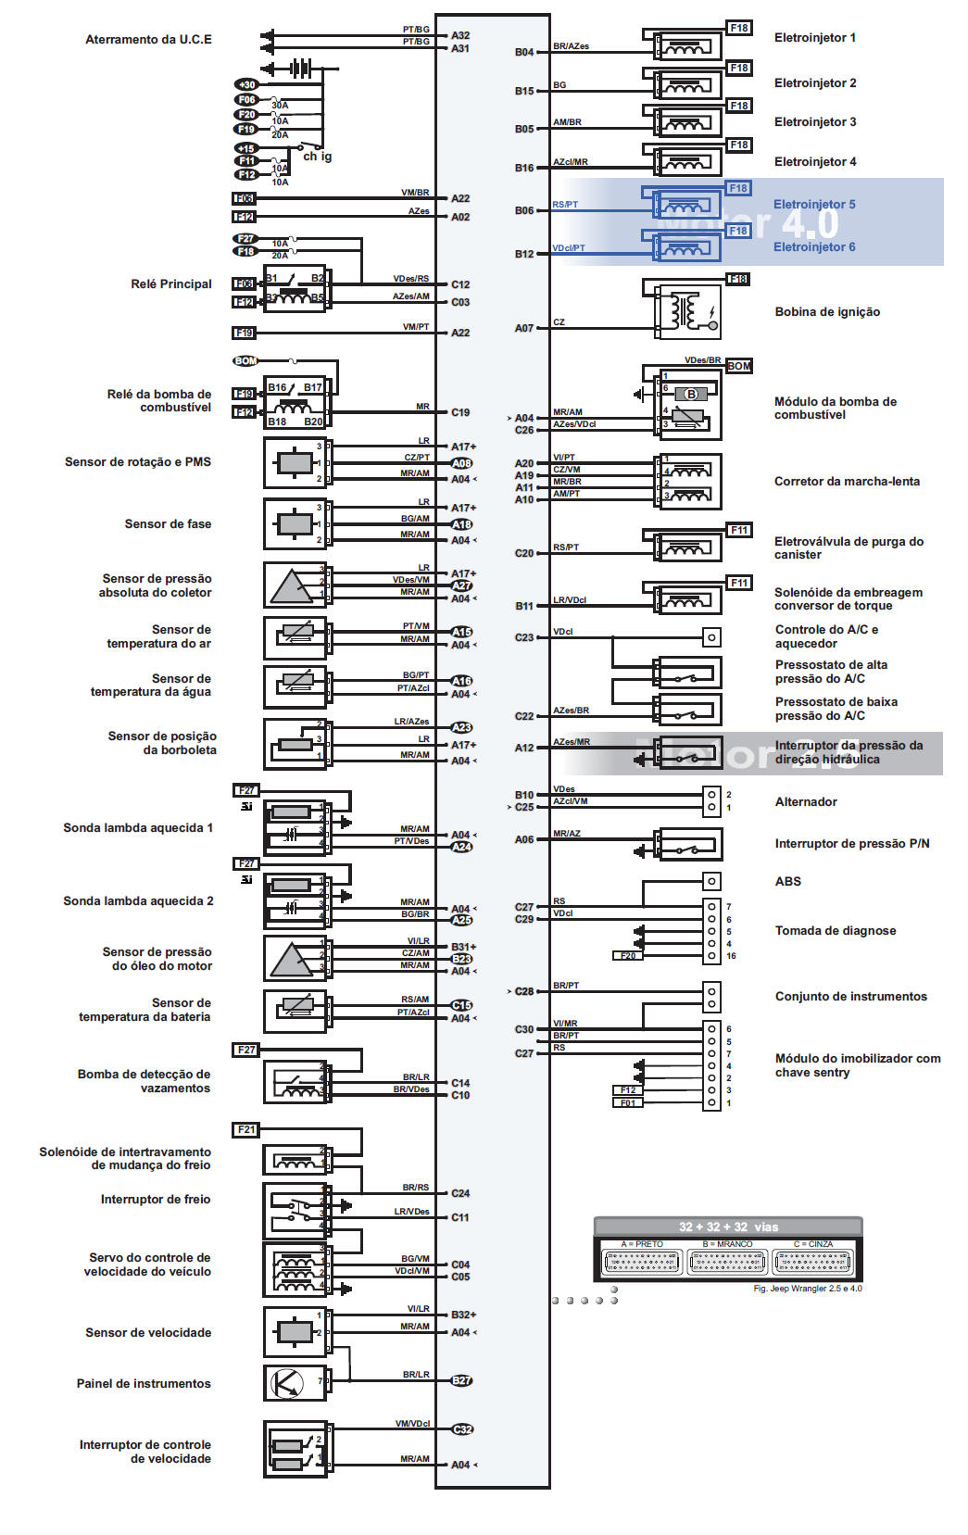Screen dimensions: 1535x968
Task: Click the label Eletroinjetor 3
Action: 814,122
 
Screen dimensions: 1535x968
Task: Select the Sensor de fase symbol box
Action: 295,524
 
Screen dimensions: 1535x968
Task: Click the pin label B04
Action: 524,53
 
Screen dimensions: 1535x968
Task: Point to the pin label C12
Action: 460,284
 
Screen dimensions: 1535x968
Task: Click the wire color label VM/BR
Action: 415,193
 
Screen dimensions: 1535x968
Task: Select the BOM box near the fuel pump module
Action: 739,366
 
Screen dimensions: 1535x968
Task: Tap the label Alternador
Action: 806,802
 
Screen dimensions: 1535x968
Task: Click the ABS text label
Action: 787,882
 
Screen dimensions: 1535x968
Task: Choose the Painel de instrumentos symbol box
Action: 295,1383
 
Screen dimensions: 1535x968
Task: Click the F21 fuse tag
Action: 245,1130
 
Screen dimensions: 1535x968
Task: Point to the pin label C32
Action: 461,1429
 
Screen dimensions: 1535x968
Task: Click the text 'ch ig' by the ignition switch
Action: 317,157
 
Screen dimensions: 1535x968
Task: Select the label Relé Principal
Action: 171,284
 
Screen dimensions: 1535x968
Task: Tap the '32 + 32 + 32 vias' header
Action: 728,1227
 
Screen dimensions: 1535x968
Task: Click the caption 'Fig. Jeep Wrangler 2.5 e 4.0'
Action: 807,1289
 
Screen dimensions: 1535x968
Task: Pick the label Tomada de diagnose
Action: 835,931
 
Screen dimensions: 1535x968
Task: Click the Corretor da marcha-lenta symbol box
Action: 688,482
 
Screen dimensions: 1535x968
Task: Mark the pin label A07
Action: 524,328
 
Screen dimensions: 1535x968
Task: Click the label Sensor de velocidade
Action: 148,1333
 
